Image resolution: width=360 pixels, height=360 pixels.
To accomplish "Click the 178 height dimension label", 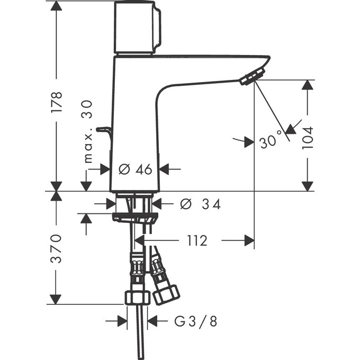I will tap(57, 102).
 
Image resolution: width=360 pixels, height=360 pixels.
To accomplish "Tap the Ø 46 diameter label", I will tap(136, 169).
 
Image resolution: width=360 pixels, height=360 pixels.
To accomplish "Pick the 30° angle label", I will tap(270, 142).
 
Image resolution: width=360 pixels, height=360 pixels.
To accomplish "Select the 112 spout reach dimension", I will tap(196, 241).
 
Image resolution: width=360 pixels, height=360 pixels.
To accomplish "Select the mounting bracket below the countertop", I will tap(134, 217).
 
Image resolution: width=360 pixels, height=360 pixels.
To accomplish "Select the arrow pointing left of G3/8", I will tap(153, 320).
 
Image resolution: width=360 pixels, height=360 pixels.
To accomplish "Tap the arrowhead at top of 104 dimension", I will tap(307, 85).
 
